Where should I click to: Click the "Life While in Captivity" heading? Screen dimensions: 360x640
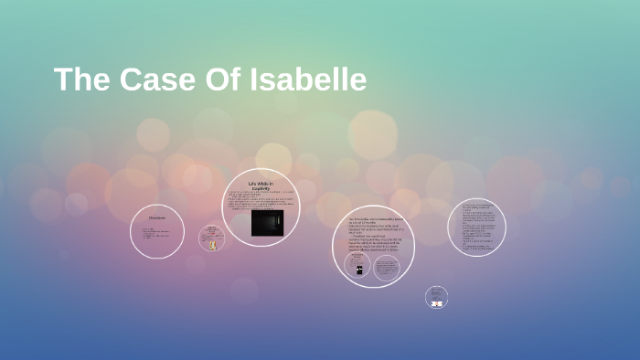[261, 185]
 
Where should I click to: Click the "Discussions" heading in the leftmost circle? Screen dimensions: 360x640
[156, 217]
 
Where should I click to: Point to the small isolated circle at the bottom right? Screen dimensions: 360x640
[436, 297]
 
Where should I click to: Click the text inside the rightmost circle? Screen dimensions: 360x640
[476, 227]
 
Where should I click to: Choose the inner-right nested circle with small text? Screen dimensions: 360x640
[387, 268]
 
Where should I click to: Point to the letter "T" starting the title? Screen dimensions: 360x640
[63, 79]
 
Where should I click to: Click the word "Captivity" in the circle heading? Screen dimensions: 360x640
[261, 188]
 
